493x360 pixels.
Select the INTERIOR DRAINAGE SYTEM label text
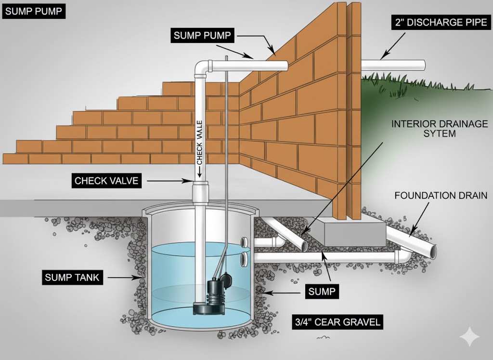coord(439,128)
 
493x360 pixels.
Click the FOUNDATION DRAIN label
coord(441,196)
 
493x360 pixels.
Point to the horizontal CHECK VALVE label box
coord(106,181)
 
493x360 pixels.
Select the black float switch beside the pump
coord(226,278)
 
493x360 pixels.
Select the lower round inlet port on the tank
coord(244,260)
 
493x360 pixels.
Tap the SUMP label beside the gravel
coord(322,292)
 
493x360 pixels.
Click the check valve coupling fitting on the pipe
coord(200,192)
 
